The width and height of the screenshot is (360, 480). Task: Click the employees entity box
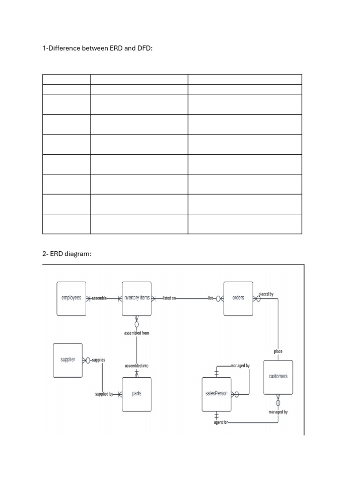tap(71, 298)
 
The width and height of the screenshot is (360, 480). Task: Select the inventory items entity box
tap(136, 298)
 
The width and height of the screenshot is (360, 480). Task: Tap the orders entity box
tap(238, 298)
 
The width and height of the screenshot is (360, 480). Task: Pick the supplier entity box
tap(68, 360)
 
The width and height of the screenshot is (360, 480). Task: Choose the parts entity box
tap(136, 394)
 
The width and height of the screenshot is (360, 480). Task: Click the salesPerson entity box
tap(216, 394)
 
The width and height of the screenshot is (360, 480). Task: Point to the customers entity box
tap(278, 376)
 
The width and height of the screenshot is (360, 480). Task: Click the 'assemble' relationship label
tap(99, 298)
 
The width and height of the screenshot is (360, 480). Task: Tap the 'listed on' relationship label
tap(169, 298)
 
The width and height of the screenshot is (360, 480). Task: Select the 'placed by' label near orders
tap(266, 294)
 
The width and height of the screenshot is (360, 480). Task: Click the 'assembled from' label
tap(137, 333)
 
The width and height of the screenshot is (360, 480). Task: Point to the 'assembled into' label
tap(137, 366)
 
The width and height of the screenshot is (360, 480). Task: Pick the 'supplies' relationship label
tap(98, 360)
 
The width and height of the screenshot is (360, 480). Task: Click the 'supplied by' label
tap(104, 394)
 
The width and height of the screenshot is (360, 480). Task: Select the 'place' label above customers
tap(278, 351)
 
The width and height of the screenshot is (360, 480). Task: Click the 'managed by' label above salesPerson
tap(240, 366)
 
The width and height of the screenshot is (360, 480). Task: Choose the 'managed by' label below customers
tap(278, 412)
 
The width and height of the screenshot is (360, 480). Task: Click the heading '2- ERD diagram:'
tap(67, 254)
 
